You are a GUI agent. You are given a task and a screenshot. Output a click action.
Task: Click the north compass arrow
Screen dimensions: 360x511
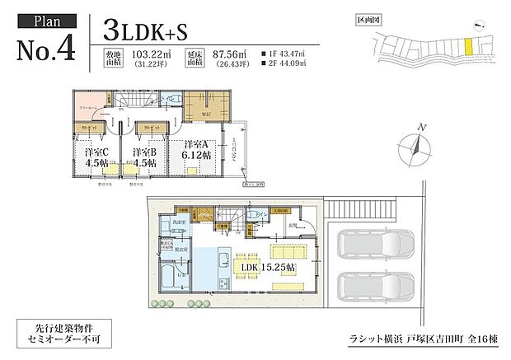(x=422, y=146)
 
